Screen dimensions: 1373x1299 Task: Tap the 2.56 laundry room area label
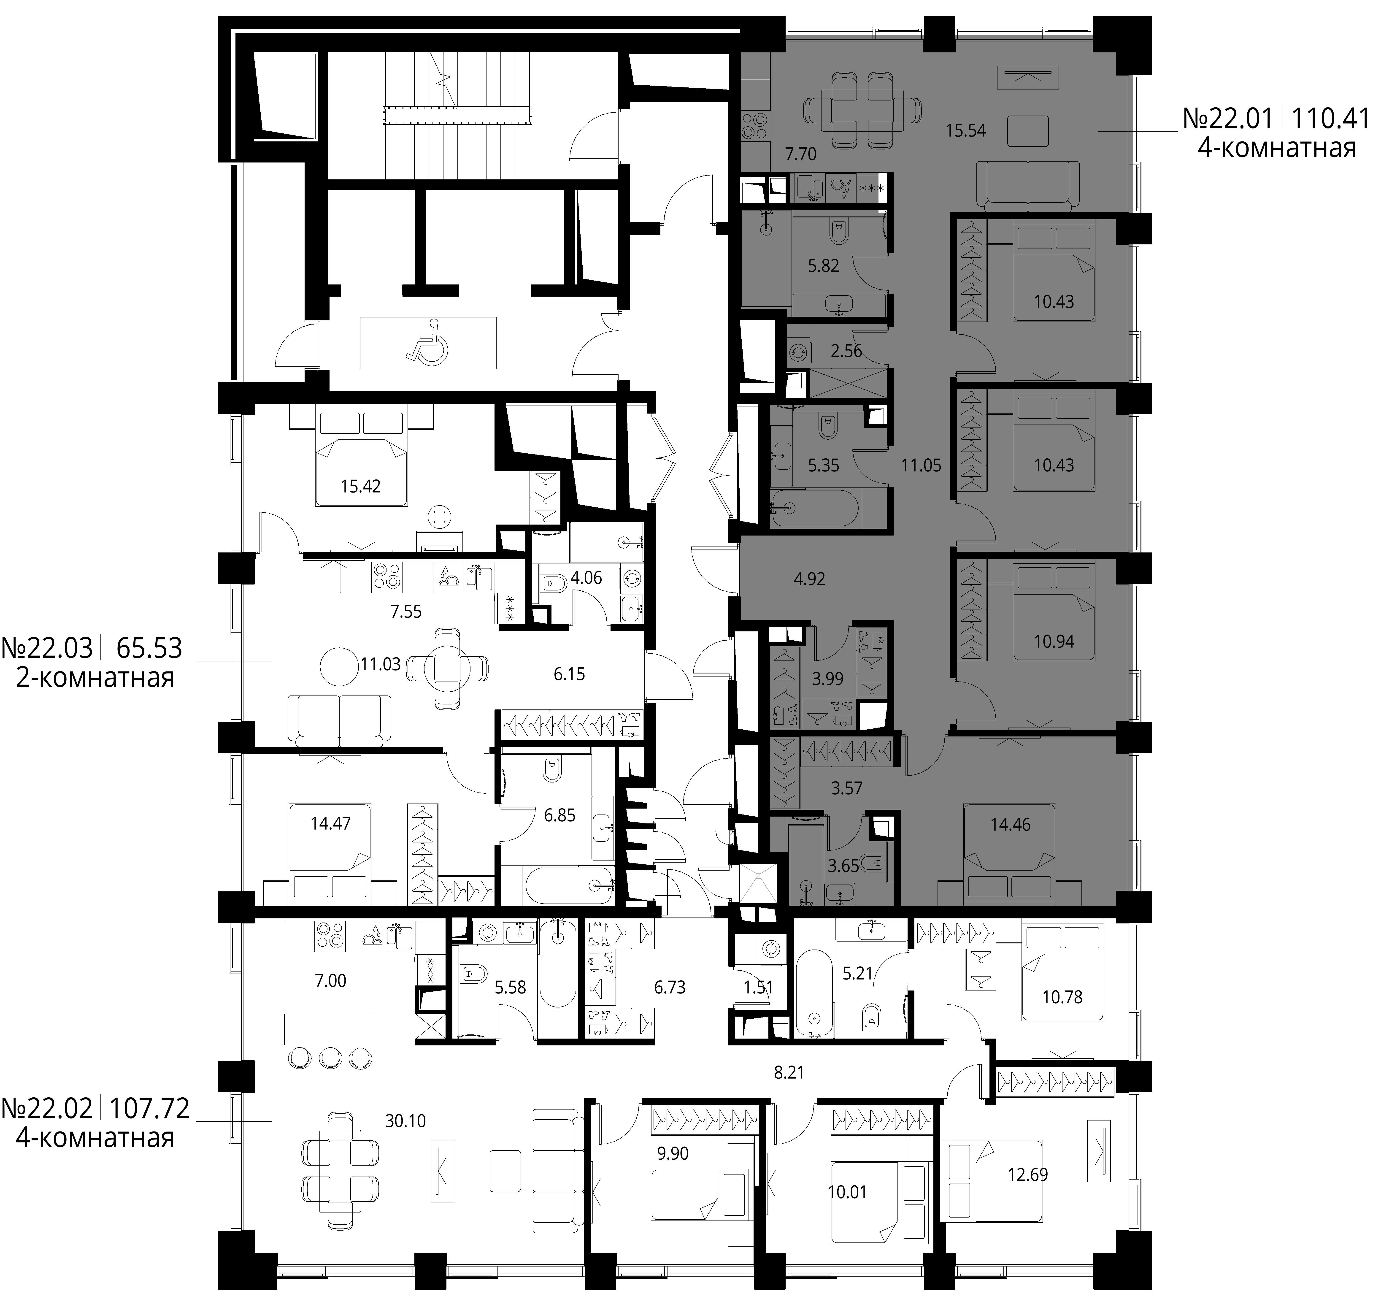846,351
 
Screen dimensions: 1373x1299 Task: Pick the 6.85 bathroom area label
559,816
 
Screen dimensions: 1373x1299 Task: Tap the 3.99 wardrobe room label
827,679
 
